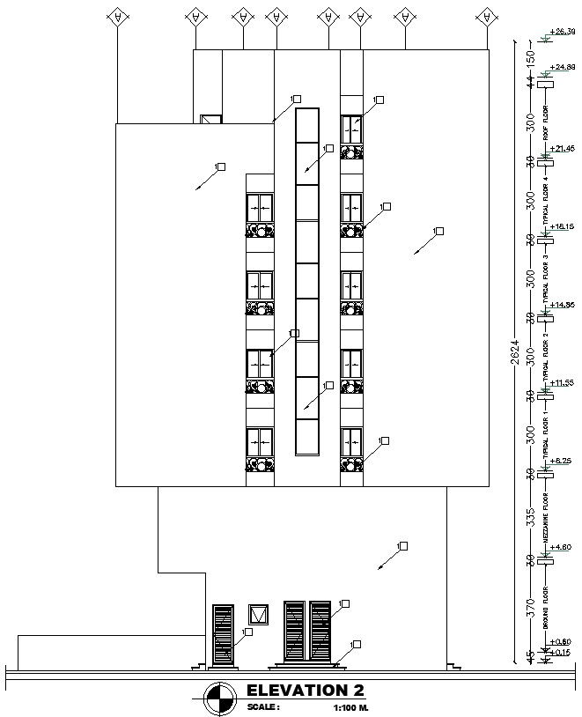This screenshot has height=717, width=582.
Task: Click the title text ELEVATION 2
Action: (x=306, y=690)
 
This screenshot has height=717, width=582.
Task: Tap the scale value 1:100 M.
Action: (x=350, y=707)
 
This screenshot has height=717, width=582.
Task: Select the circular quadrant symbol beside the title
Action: (x=219, y=699)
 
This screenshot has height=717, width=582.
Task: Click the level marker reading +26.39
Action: (x=561, y=32)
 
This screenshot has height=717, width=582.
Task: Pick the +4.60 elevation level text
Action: (x=562, y=546)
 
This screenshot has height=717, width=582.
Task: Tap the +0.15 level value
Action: (x=561, y=653)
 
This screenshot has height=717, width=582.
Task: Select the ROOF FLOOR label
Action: (x=545, y=123)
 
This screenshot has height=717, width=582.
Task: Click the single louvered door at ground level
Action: (x=223, y=633)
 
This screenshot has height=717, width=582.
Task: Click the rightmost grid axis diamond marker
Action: (x=484, y=17)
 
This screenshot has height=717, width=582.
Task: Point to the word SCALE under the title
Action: (x=263, y=707)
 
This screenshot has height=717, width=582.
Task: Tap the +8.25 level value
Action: (x=561, y=461)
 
